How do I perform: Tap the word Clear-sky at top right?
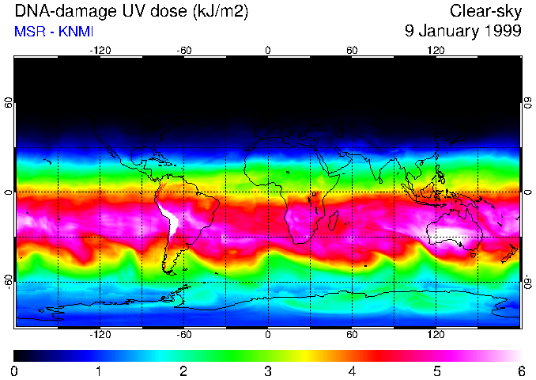[x=485, y=12]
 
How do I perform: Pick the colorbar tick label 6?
[x=521, y=370]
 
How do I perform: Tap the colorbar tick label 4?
[x=353, y=370]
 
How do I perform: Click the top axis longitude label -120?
[x=100, y=50]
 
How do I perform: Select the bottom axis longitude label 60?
[x=352, y=335]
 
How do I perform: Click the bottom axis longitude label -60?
[x=184, y=335]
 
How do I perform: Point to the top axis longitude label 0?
[x=268, y=50]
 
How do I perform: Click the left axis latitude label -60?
[x=8, y=281]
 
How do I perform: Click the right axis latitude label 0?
[x=528, y=192]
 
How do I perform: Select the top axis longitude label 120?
[x=436, y=50]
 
